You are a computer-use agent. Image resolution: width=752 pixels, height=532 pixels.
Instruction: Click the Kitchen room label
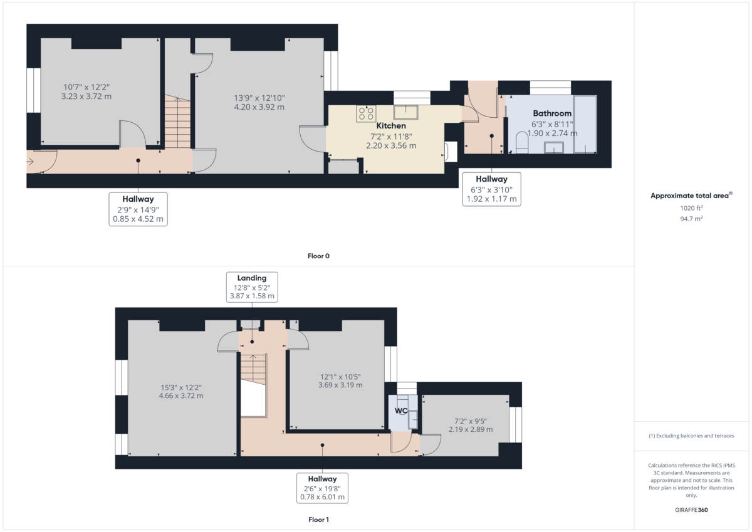tap(390, 126)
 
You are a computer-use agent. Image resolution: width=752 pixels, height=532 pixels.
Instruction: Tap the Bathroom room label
tap(552, 113)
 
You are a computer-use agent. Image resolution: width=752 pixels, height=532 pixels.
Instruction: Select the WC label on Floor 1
tap(401, 411)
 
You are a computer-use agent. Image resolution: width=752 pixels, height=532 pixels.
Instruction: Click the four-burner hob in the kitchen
tap(367, 113)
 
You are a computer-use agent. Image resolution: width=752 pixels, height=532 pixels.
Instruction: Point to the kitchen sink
tap(407, 113)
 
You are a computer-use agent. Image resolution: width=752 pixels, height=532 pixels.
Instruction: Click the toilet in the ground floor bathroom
tap(521, 143)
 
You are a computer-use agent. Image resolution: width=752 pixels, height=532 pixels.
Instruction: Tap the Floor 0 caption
tap(318, 256)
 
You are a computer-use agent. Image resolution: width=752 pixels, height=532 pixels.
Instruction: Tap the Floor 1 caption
tap(318, 519)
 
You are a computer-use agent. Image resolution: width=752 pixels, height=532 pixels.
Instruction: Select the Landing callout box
tap(252, 287)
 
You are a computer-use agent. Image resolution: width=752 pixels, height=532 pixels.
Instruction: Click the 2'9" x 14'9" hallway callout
tap(138, 209)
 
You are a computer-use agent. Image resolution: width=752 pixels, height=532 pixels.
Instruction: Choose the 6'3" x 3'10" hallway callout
tap(491, 189)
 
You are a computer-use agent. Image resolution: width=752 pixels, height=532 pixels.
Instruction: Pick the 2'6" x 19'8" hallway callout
tap(322, 488)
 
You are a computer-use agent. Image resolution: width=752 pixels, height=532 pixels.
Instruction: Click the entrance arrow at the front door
tap(31, 162)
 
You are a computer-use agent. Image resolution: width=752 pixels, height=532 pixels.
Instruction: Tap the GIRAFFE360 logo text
tap(691, 510)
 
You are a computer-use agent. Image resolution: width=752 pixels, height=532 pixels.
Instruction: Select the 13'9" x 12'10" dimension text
tap(259, 102)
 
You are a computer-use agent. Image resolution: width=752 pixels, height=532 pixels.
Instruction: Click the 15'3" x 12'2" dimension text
tap(180, 392)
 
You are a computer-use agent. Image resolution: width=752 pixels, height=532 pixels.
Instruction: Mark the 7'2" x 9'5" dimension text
tap(470, 425)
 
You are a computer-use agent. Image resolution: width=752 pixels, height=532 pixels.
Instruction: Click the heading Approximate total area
tap(691, 196)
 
